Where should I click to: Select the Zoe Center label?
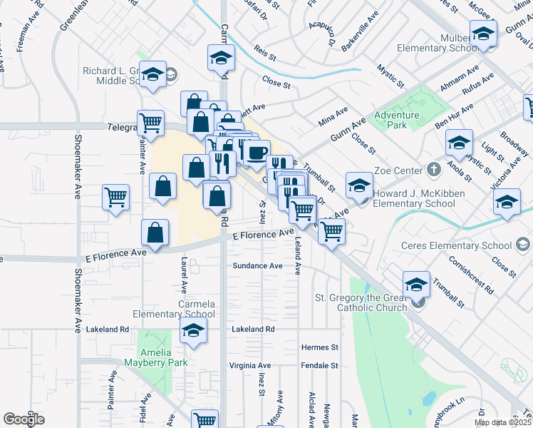point(397,170)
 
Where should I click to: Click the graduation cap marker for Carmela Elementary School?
point(193,332)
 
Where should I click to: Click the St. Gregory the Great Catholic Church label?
point(361,302)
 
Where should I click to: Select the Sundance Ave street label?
point(258,266)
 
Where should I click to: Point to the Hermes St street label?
point(319,347)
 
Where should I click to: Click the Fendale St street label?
point(319,365)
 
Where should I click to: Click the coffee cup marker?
point(257,152)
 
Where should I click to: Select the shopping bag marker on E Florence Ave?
point(155,233)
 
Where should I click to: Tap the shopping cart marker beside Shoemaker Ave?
point(115,197)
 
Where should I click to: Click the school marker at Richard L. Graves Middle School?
point(152,76)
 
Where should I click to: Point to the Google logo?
point(24,419)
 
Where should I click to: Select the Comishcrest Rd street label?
point(472,275)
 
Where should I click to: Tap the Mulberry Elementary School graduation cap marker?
point(483,34)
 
